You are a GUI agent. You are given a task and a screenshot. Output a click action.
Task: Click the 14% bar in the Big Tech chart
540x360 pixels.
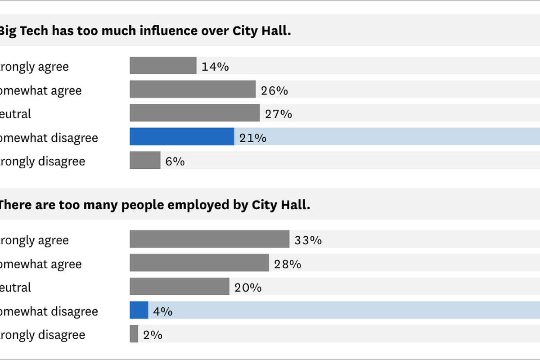click(x=163, y=66)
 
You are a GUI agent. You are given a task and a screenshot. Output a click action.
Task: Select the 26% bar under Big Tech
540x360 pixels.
click(x=193, y=90)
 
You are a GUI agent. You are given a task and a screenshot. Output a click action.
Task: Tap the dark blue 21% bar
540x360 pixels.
click(x=182, y=137)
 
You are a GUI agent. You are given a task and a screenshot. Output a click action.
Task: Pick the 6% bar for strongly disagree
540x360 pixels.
click(x=145, y=160)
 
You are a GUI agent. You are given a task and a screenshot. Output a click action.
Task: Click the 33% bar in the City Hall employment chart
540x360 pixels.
click(x=209, y=239)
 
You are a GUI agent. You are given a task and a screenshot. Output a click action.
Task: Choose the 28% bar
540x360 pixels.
click(x=199, y=263)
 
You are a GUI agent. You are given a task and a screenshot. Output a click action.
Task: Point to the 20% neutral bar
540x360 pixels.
click(x=179, y=287)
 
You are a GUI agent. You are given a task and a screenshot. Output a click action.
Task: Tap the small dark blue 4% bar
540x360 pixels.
click(x=139, y=310)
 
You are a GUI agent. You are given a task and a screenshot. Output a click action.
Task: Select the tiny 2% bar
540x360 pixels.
click(x=134, y=334)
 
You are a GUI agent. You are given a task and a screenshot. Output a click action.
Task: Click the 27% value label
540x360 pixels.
click(x=279, y=114)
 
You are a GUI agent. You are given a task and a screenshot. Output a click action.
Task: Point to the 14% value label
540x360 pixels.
click(x=215, y=67)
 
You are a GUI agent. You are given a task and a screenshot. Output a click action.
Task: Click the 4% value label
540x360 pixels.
click(x=162, y=311)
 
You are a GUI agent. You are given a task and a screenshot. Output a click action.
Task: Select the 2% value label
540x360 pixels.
click(x=153, y=335)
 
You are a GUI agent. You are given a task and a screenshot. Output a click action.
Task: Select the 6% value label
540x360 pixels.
click(x=175, y=162)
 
